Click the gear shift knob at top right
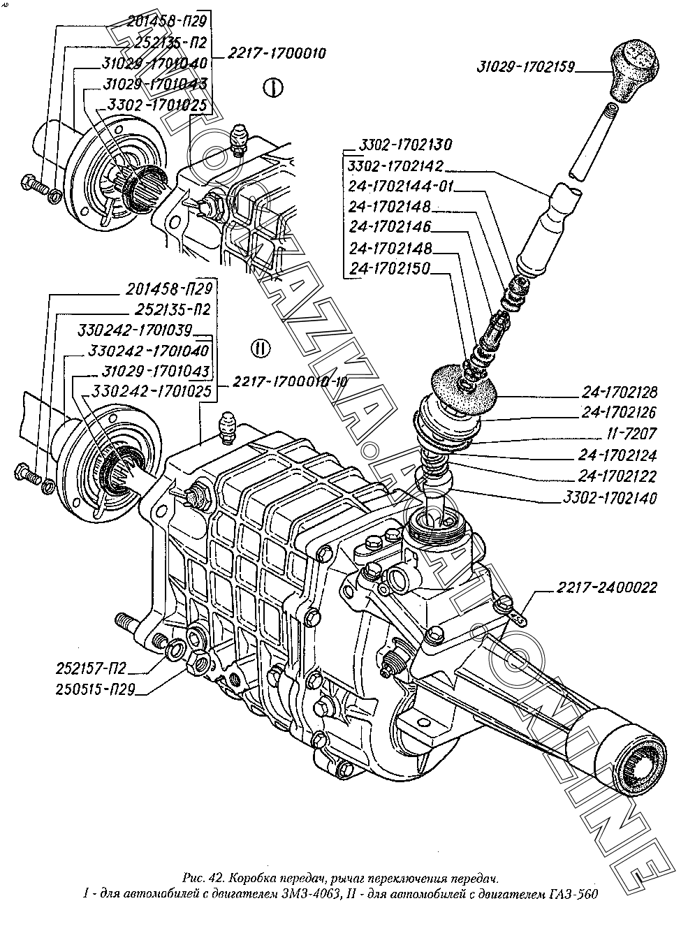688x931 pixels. tap(634, 69)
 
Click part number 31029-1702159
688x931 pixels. tap(525, 67)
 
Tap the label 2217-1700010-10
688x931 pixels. tap(290, 382)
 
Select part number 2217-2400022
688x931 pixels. tap(606, 587)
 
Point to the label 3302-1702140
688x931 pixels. tap(610, 498)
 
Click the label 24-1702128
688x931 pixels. tap(619, 392)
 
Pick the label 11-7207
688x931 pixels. tap(631, 433)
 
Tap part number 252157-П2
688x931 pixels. tap(91, 668)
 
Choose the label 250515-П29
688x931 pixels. tap(95, 689)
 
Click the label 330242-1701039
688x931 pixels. tap(135, 330)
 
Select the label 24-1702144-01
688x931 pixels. tap(400, 186)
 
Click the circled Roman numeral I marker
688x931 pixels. tap(273, 88)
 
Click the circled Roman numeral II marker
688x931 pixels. tap(261, 348)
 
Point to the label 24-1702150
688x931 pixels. tap(390, 268)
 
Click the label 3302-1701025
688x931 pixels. tap(156, 105)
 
